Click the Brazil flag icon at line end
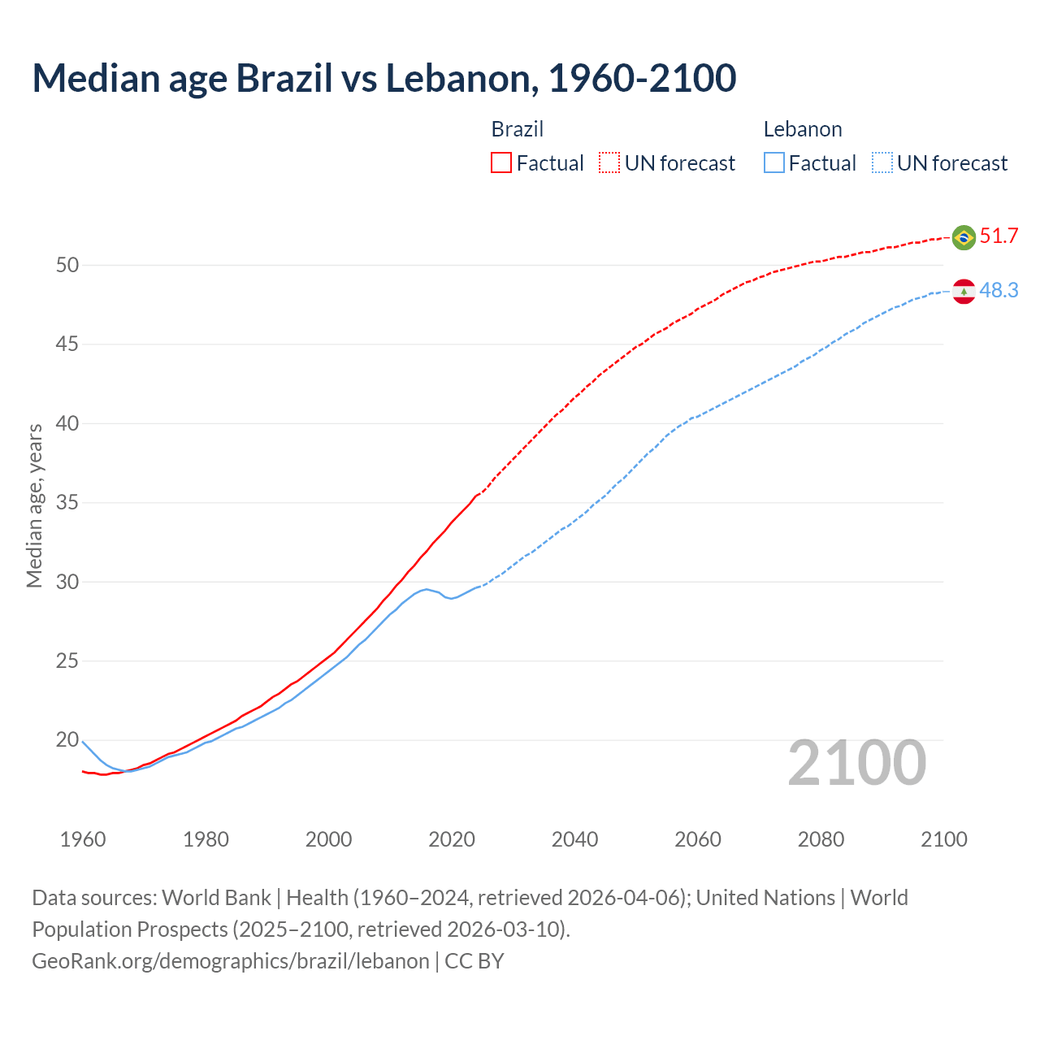[x=964, y=237]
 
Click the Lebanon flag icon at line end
[x=964, y=291]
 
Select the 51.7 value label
[x=999, y=236]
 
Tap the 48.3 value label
[x=999, y=290]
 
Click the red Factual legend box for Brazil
[x=501, y=163]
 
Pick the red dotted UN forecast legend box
[x=609, y=163]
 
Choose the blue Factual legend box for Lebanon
[x=774, y=163]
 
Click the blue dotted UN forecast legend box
[x=882, y=163]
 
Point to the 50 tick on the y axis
[x=67, y=266]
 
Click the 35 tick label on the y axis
[x=67, y=503]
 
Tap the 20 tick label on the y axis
[x=67, y=740]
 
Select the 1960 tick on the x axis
[x=83, y=839]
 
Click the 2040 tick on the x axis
[x=574, y=839]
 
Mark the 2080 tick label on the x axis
[x=821, y=839]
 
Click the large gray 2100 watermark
[x=856, y=763]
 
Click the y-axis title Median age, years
[x=34, y=505]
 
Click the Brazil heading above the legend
[x=518, y=129]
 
